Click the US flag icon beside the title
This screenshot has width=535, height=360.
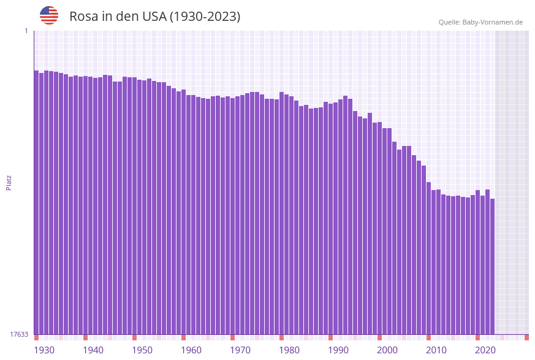click(49, 15)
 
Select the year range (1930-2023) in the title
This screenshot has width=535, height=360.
click(205, 17)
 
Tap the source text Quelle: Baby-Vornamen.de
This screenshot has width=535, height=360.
click(480, 22)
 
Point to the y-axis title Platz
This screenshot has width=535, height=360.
click(9, 182)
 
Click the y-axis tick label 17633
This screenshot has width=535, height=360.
click(19, 334)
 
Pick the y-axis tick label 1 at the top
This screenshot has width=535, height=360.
click(26, 31)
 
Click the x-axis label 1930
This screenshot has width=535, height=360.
click(44, 350)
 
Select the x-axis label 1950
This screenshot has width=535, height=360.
click(142, 350)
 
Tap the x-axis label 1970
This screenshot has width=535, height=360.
click(240, 350)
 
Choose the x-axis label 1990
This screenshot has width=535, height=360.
click(338, 350)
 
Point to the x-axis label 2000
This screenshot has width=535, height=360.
click(387, 350)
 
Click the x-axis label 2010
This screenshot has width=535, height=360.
click(436, 350)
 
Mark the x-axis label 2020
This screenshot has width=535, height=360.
click(485, 350)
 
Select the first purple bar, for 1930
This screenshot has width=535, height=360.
click(36, 202)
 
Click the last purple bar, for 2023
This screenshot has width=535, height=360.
click(492, 266)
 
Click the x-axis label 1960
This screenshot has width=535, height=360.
click(191, 350)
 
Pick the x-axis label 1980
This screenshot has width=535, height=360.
click(289, 350)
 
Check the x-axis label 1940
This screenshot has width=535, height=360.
click(93, 350)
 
